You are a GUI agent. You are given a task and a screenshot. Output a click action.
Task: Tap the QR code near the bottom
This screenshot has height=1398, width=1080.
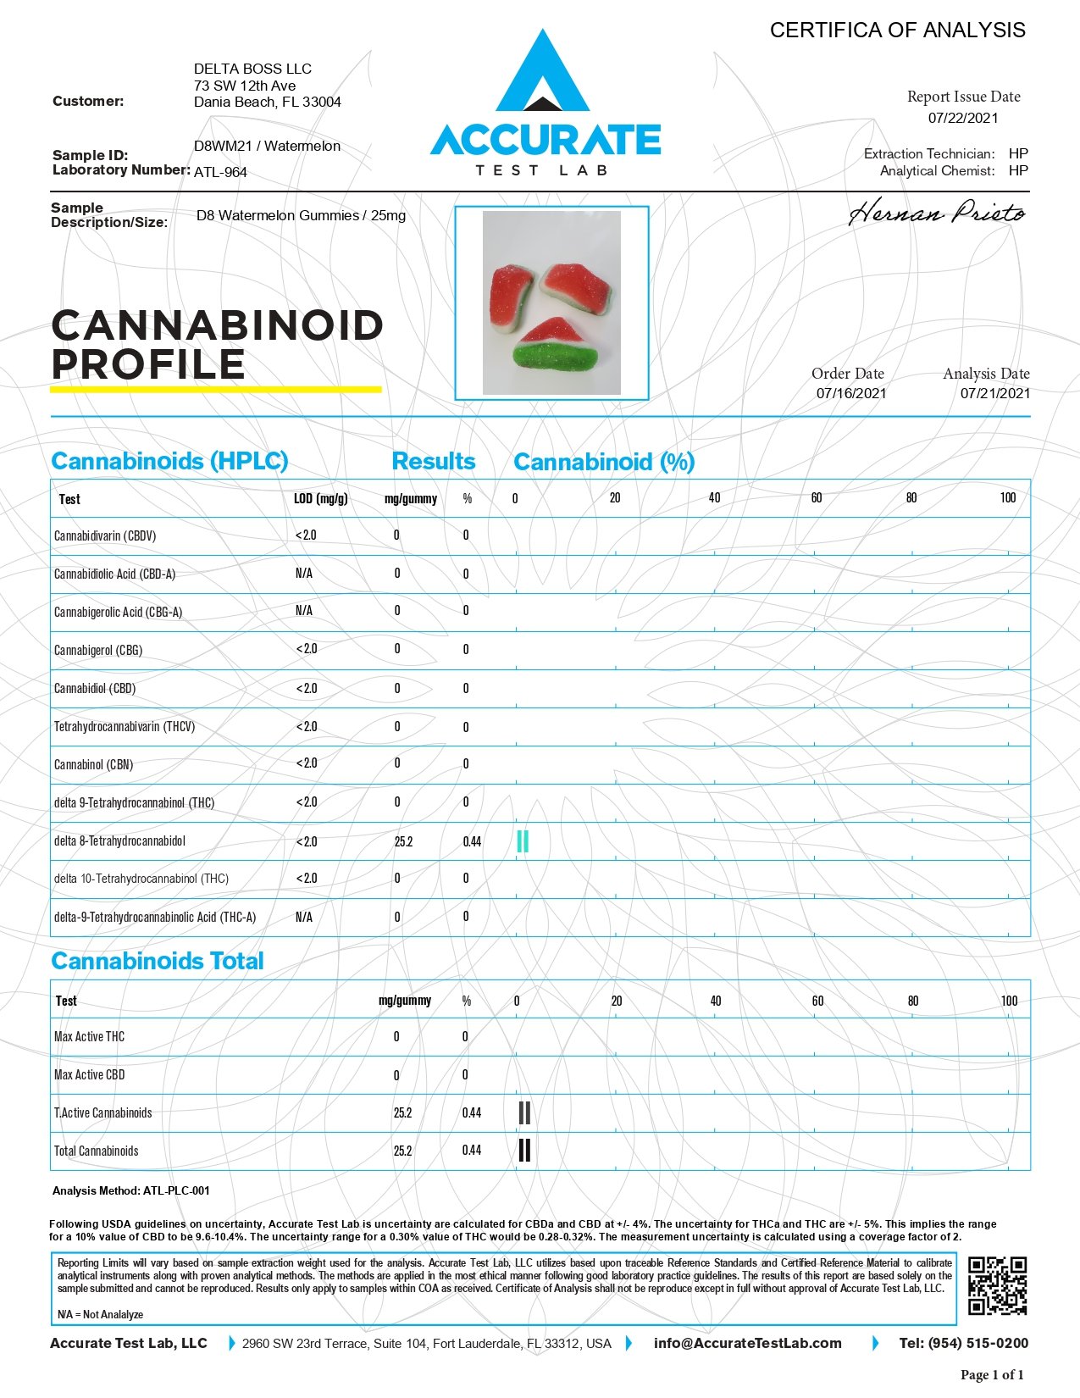click(x=997, y=1285)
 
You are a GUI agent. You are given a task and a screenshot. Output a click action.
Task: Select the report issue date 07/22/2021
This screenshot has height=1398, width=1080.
click(x=963, y=118)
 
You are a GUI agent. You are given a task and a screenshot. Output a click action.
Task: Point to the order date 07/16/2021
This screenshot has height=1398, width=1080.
click(x=851, y=392)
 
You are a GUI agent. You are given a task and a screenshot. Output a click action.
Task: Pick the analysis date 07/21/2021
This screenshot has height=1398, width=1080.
click(x=995, y=392)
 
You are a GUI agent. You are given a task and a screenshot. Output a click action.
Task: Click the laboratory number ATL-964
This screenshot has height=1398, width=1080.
click(x=220, y=172)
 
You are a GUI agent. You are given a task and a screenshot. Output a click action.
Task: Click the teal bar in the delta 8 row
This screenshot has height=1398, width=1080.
click(x=523, y=841)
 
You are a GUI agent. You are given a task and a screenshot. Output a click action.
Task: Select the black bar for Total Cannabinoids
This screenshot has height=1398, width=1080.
click(x=524, y=1150)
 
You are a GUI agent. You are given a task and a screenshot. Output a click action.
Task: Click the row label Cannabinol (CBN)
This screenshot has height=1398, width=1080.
click(x=93, y=764)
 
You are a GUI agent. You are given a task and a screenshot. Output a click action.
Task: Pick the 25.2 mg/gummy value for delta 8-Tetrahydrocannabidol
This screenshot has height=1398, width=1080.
click(x=403, y=841)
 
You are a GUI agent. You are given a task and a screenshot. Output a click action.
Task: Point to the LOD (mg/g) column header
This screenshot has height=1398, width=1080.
click(x=320, y=498)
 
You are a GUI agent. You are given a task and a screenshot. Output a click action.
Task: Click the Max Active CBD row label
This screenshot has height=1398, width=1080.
click(x=89, y=1074)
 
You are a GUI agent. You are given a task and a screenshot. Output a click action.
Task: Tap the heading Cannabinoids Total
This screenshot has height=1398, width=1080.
click(x=158, y=961)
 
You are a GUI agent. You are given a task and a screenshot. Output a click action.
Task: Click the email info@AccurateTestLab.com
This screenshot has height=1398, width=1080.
click(x=747, y=1343)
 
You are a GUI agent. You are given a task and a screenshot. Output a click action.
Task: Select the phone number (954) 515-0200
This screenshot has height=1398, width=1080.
click(x=978, y=1343)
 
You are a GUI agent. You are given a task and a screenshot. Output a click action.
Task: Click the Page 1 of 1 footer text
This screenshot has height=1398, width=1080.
click(x=992, y=1374)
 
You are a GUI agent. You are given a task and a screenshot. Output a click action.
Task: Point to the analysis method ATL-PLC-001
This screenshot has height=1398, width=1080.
click(x=176, y=1190)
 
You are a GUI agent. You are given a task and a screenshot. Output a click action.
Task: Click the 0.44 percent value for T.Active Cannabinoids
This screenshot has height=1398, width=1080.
click(x=472, y=1112)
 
